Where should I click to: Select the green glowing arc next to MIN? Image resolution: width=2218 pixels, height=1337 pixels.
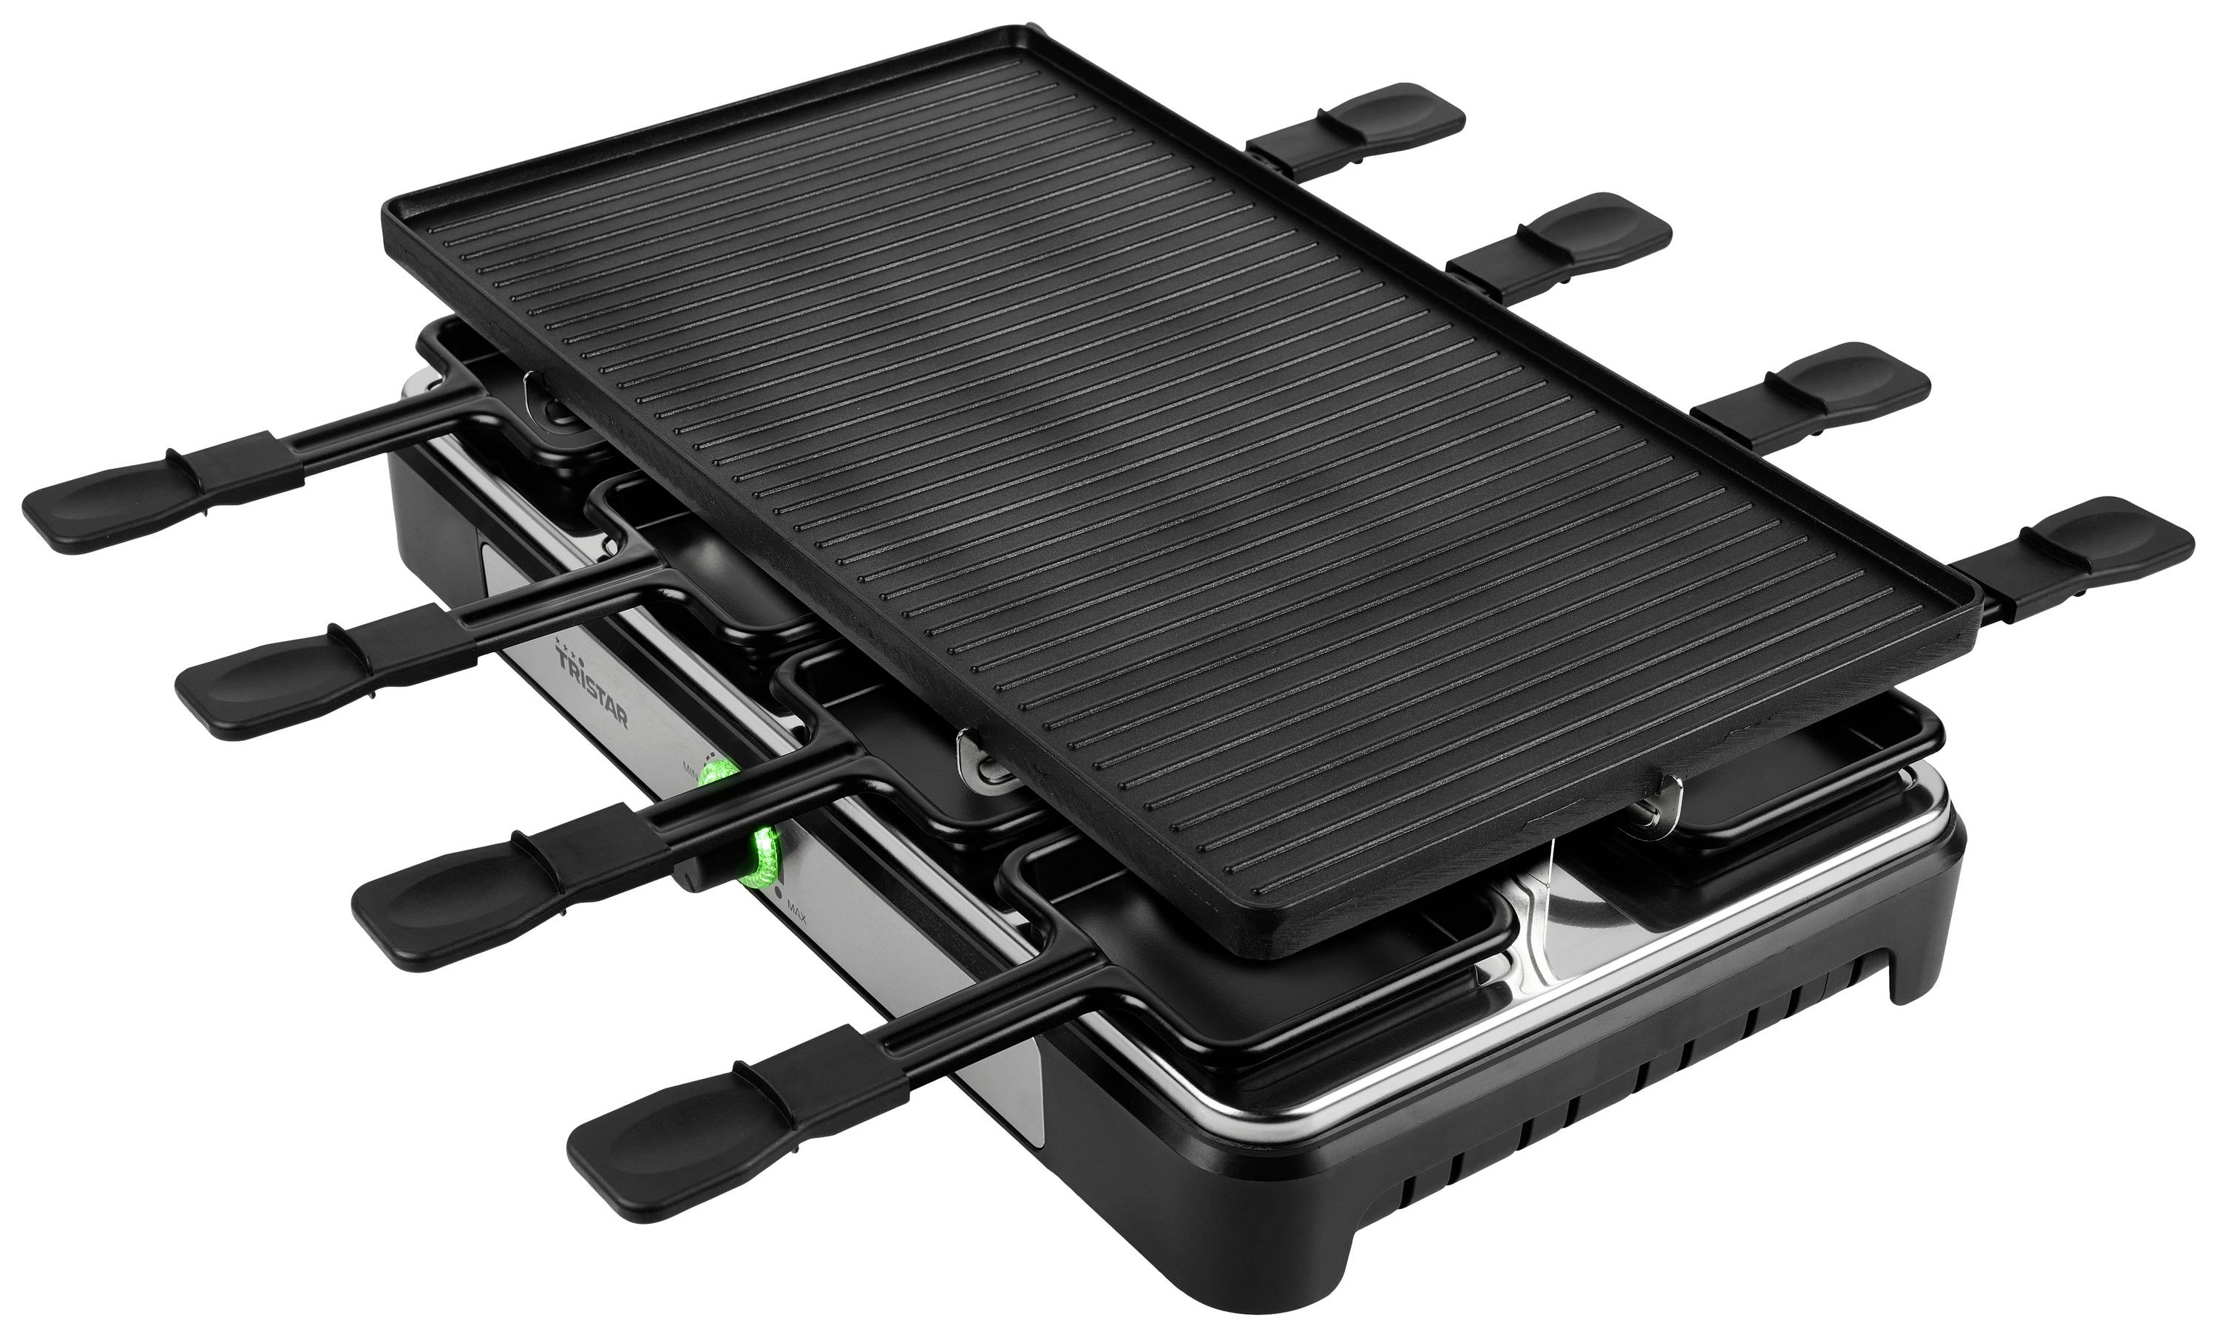(x=719, y=774)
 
